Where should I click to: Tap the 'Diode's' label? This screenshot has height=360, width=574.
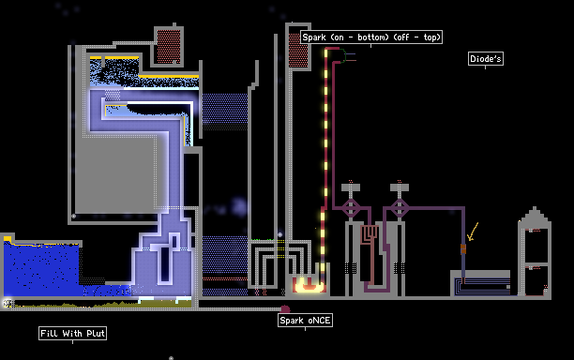(x=486, y=58)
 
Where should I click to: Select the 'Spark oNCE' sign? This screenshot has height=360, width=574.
(x=306, y=321)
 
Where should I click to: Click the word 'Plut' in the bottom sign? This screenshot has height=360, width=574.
(x=95, y=334)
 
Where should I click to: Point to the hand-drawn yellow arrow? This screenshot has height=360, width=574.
(x=473, y=232)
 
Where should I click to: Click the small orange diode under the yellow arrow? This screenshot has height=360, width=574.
(x=463, y=248)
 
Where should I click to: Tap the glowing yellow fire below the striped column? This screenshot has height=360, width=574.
(x=309, y=285)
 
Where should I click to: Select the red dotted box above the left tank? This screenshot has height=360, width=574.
(x=169, y=47)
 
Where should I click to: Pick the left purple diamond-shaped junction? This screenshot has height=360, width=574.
(x=351, y=208)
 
